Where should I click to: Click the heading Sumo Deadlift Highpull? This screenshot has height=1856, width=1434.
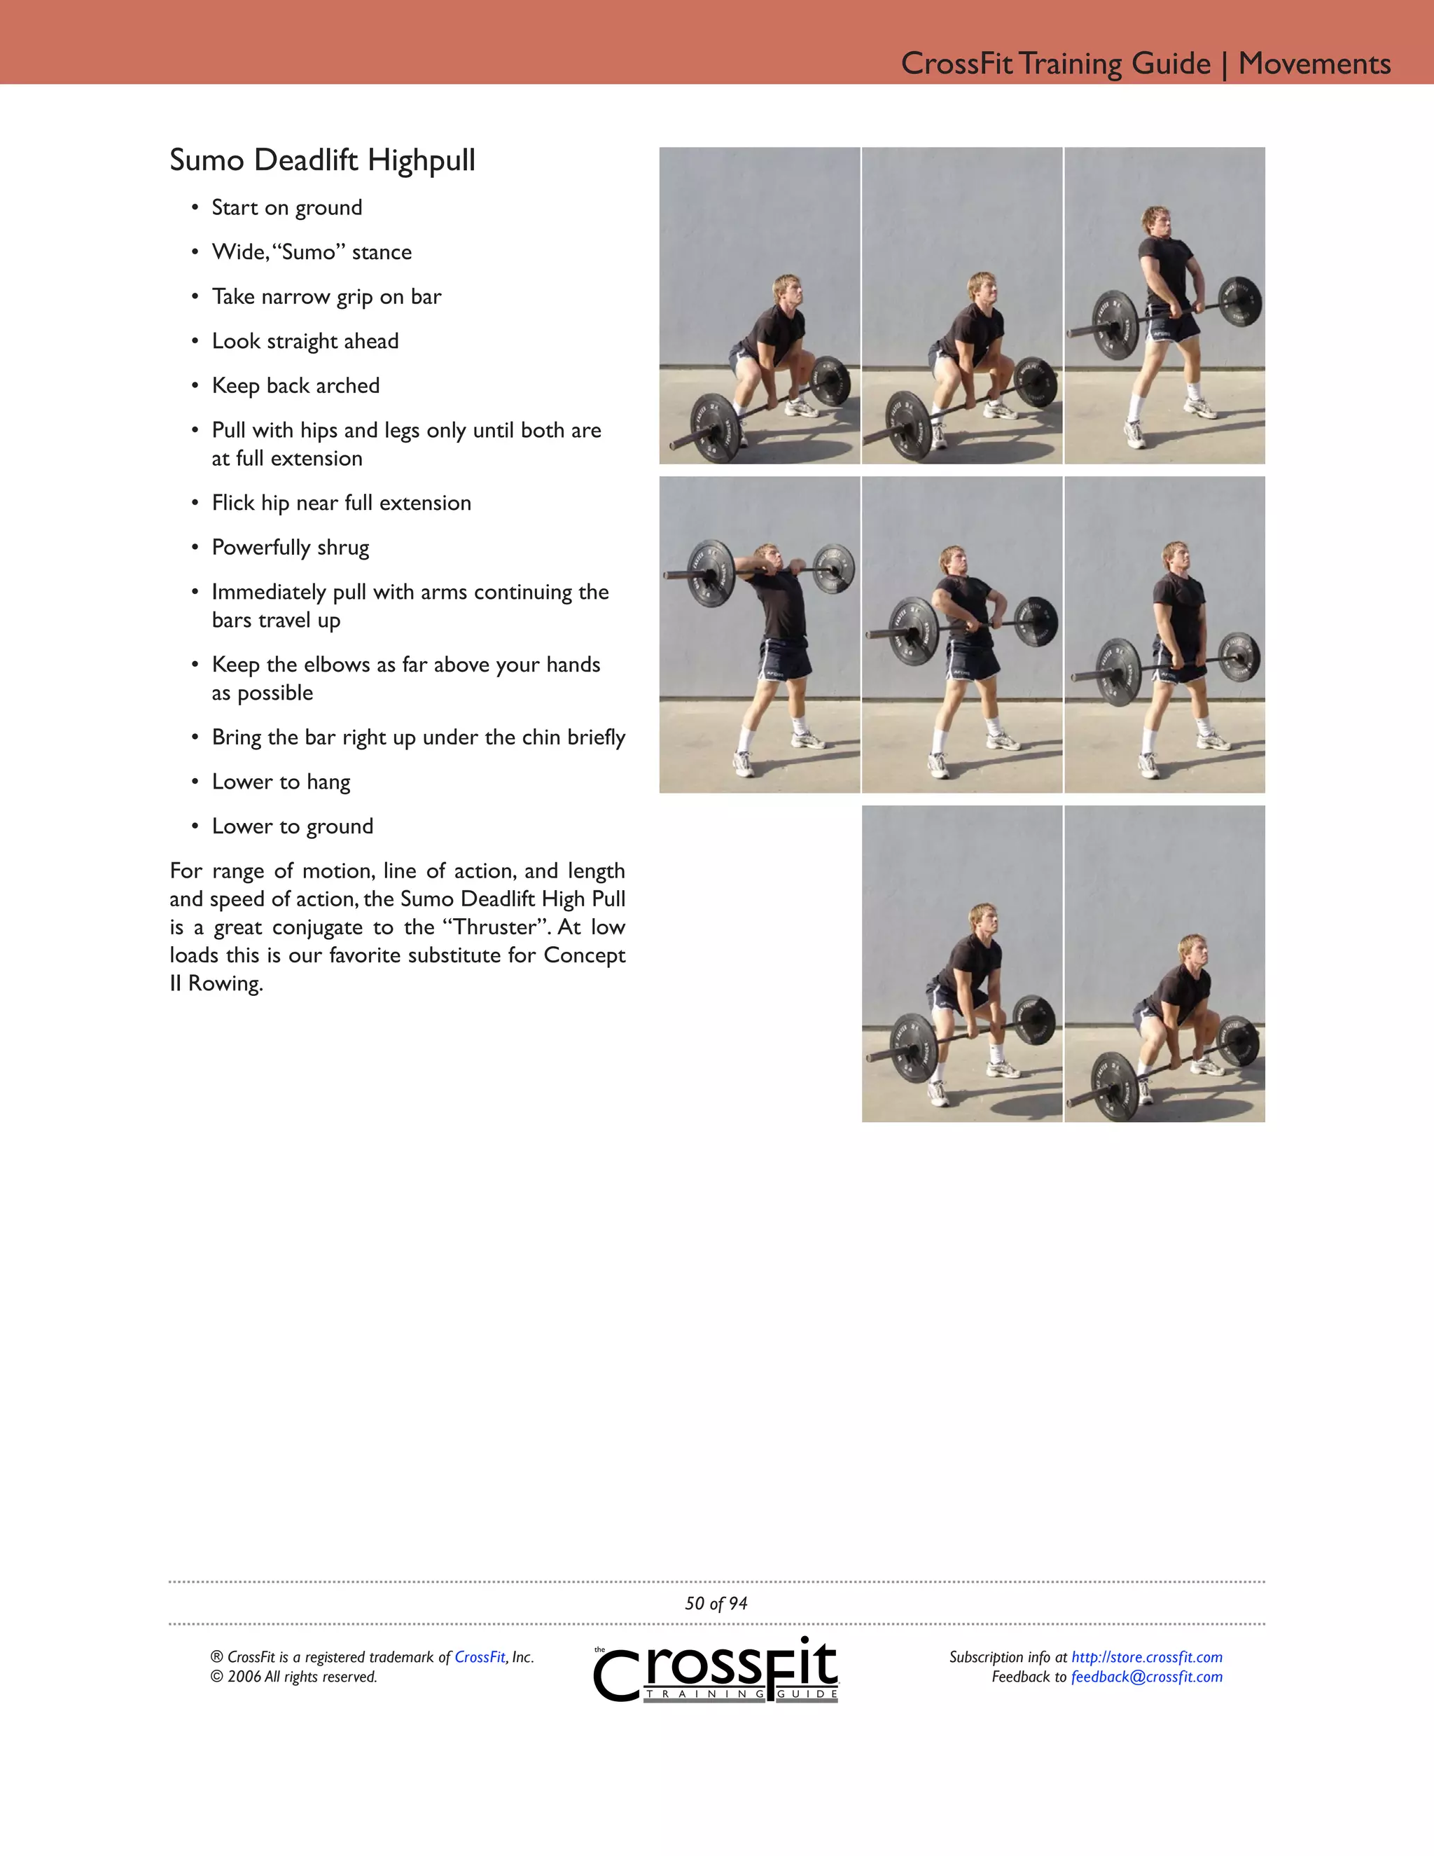coord(322,160)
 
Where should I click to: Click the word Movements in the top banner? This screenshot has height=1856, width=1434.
coord(1314,64)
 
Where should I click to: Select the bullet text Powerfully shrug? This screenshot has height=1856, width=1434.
coord(290,547)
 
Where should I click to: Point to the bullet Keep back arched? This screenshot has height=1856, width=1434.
coord(295,386)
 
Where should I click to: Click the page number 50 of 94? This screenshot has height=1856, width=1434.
coord(716,1604)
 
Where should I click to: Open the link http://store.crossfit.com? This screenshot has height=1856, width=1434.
coord(1146,1657)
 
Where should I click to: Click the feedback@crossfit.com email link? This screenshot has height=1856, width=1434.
coord(1146,1677)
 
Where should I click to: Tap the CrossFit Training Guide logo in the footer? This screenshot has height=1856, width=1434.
coord(716,1670)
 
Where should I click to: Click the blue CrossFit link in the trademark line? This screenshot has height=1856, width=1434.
coord(479,1657)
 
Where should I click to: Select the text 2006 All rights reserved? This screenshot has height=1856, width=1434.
coord(302,1677)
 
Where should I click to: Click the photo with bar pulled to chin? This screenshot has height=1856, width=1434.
coord(760,634)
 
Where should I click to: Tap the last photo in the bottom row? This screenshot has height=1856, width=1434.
coord(1164,964)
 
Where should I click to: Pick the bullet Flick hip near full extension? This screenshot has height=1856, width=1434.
coord(341,503)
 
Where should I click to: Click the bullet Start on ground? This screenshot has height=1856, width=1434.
coord(286,208)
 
